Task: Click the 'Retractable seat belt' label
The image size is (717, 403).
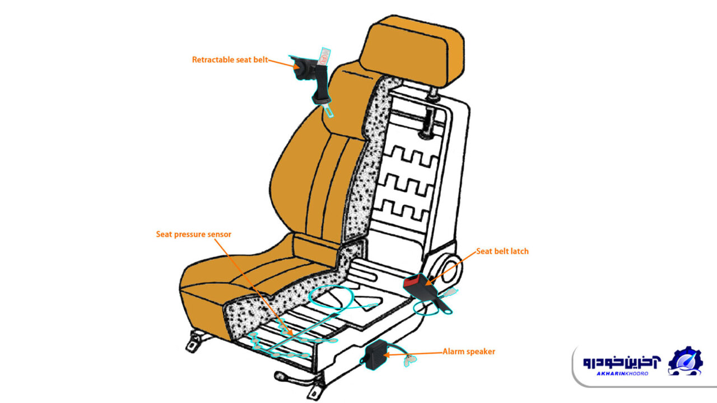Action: [x=230, y=60]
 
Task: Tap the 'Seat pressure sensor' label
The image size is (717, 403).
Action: [x=194, y=235]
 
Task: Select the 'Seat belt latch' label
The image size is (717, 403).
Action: [x=502, y=251]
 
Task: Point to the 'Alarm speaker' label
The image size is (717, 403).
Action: [x=469, y=352]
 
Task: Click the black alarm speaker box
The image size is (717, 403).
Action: [x=375, y=355]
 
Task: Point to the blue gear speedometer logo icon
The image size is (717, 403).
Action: [x=685, y=362]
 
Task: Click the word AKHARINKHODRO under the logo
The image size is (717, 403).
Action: [x=622, y=373]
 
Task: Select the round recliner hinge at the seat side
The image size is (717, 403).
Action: [x=450, y=269]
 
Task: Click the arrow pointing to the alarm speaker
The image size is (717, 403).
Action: [x=413, y=354]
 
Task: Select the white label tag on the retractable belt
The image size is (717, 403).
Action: [x=324, y=57]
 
